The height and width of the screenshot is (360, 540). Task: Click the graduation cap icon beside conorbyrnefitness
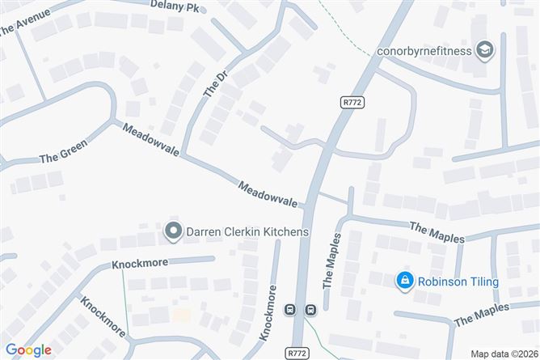[x=485, y=50]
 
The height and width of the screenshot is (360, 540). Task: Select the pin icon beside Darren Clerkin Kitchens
[x=172, y=232]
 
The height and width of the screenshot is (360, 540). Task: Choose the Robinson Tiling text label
[x=458, y=282]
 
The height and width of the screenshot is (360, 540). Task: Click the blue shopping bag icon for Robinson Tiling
[x=402, y=282]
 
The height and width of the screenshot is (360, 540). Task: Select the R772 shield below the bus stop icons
[x=297, y=354]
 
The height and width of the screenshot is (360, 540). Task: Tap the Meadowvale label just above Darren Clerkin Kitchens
[x=268, y=193]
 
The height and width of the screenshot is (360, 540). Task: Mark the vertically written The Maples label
[x=332, y=261]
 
